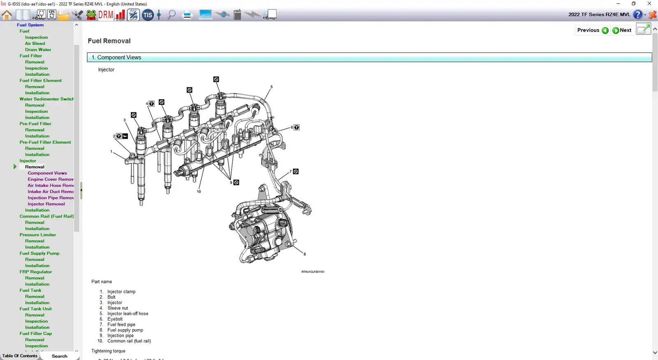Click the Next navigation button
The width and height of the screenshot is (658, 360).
(622, 30)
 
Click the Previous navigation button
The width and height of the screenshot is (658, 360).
(592, 30)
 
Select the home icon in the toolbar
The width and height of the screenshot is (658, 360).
(7, 15)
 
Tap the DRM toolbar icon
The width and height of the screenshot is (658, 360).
(106, 15)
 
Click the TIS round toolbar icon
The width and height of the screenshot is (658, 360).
(148, 15)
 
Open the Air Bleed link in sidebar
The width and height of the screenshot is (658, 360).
(35, 44)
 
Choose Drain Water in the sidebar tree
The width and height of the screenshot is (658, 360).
(38, 50)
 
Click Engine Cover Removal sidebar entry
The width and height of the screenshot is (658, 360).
(51, 179)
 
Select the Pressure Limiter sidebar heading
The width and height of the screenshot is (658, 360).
(37, 235)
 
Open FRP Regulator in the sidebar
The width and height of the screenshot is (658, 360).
(35, 272)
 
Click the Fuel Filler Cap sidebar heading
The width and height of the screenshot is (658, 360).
(35, 334)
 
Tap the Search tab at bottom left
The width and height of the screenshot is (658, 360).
(59, 356)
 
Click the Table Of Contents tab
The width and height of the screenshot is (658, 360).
(20, 356)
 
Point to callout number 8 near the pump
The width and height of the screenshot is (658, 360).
(305, 254)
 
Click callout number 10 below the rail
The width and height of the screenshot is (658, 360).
(199, 192)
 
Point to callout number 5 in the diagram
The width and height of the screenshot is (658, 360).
(271, 87)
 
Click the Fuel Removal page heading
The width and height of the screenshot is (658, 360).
(109, 41)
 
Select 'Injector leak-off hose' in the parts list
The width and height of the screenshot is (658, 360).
(127, 314)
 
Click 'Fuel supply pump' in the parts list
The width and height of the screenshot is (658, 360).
(125, 330)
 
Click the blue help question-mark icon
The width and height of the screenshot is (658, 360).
(637, 15)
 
